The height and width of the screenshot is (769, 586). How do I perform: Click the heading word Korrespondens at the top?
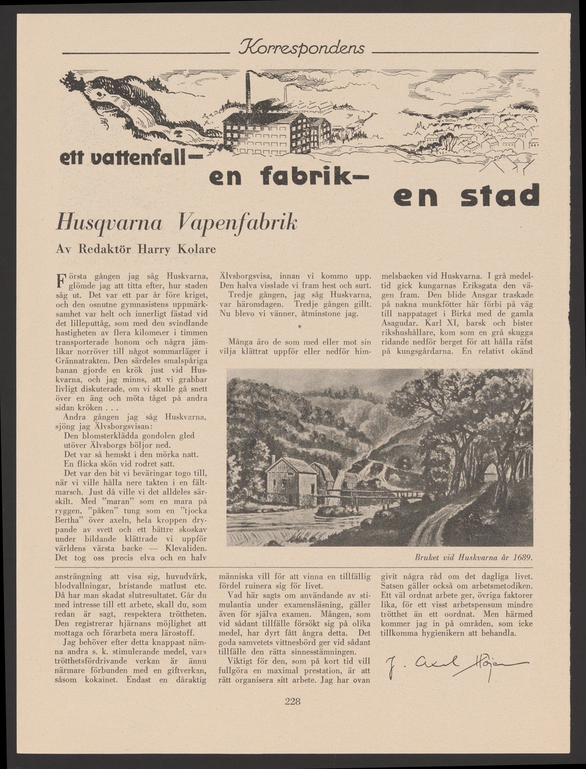coord(301,48)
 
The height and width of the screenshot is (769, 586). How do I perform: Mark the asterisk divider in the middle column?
coord(300,329)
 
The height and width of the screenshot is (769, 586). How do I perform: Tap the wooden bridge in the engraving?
coord(372,494)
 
